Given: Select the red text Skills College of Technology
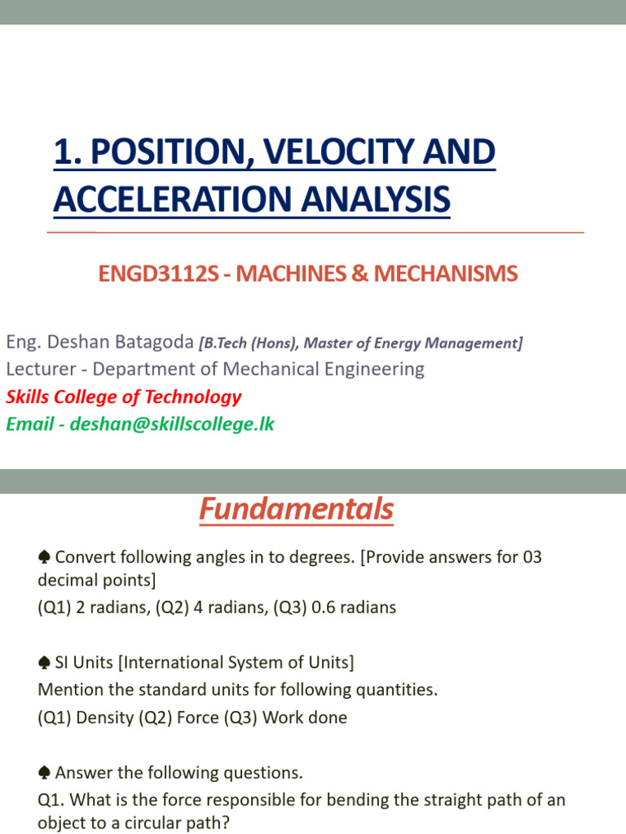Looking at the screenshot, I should pos(124,397).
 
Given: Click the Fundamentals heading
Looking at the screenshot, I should pos(297,510).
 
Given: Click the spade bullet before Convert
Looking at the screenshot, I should pos(45,557).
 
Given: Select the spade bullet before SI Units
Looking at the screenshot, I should pos(45,662).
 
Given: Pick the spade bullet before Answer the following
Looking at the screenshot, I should pos(45,772).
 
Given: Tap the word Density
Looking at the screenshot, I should pos(104,718).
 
